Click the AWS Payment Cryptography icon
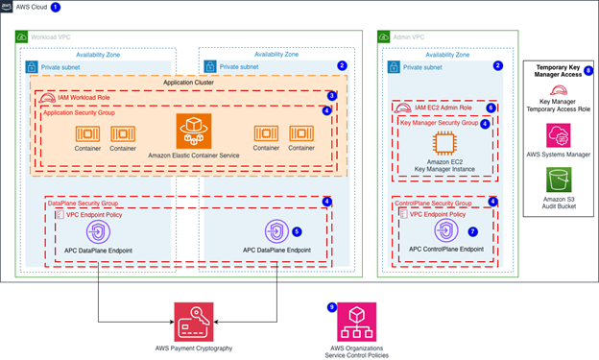point(194,322)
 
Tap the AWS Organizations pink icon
point(356,322)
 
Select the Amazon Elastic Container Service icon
point(194,131)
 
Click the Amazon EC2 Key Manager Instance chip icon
point(444,143)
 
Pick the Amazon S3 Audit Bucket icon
point(559,180)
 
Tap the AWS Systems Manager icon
point(558,135)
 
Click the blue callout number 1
point(56,8)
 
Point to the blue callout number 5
point(297,231)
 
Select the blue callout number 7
point(472,231)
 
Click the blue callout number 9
point(332,307)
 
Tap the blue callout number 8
point(588,71)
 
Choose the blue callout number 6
point(491,108)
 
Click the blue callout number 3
point(332,96)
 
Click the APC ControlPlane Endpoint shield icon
point(445,230)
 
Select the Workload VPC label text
point(51,37)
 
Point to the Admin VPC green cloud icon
point(384,36)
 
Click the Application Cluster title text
point(188,83)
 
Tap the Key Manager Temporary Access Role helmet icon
point(559,90)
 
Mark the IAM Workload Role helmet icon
point(47,98)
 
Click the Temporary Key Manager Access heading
point(558,71)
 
